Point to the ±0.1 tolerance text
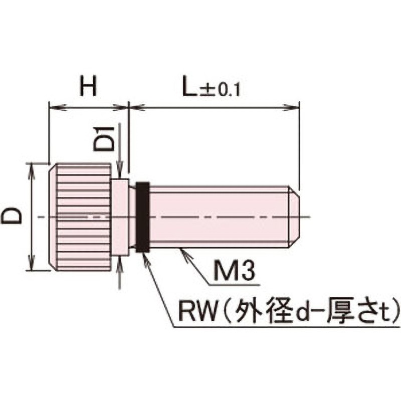(221, 91)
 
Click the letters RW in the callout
(192, 306)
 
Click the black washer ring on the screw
(142, 217)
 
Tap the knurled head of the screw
(80, 217)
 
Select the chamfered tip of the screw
(294, 217)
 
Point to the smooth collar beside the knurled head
(120, 217)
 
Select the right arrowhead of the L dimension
(295, 106)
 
